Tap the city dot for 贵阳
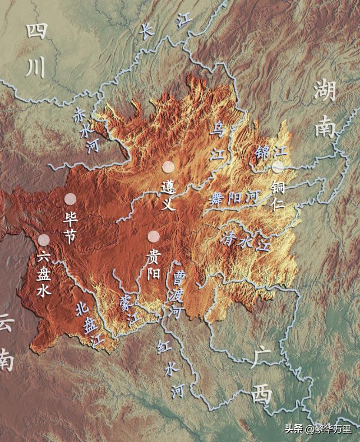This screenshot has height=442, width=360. click(153, 236)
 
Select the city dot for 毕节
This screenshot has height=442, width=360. click(70, 198)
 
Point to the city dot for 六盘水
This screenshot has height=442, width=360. click(44, 240)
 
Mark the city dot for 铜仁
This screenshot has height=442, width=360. click(278, 166)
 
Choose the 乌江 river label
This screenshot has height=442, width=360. click(216, 140)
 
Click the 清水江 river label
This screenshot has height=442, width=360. click(247, 239)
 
